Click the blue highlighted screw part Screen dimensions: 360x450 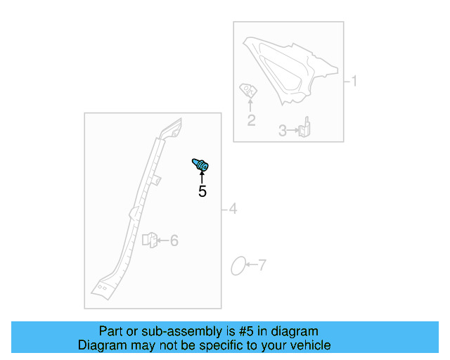(201, 166)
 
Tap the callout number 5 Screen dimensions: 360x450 (202, 191)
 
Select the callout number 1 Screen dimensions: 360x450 (354, 82)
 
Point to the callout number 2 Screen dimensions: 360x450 (251, 120)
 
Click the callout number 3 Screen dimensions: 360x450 (283, 130)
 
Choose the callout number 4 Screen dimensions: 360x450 (233, 209)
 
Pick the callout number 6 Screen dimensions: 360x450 (174, 240)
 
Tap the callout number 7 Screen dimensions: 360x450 (262, 265)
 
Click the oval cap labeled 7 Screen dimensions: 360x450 (238, 266)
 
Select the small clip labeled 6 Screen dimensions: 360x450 (149, 240)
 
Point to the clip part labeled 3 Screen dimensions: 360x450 (305, 129)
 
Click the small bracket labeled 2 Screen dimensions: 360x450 (248, 90)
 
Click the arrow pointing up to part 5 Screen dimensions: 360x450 (202, 176)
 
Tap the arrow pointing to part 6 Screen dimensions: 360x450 (162, 240)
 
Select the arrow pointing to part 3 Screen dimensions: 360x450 (293, 130)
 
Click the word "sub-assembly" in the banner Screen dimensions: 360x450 (160, 331)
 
